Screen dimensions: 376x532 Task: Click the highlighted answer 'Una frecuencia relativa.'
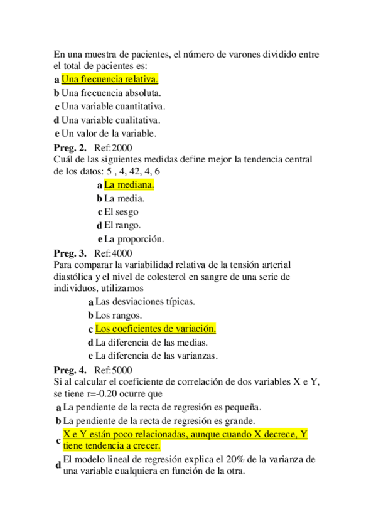coord(110,80)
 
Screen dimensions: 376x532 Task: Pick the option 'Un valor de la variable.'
coord(109,133)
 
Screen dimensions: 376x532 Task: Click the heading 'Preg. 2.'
coord(70,148)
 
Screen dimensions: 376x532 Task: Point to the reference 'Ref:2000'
coord(113,148)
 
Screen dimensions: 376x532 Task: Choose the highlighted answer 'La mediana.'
coord(129,185)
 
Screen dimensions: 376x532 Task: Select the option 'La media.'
coord(124,198)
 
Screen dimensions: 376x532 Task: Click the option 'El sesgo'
coord(121,212)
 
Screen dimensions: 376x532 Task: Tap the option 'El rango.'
coord(122,225)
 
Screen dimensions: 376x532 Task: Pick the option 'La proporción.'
coord(134,239)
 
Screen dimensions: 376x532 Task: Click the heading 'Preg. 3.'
coord(70,253)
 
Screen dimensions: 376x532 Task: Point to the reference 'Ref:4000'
coord(113,253)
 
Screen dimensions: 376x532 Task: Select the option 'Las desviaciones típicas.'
coord(145,302)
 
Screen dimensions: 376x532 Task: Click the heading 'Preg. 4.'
coord(70,370)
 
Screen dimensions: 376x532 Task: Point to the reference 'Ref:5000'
coord(113,370)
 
